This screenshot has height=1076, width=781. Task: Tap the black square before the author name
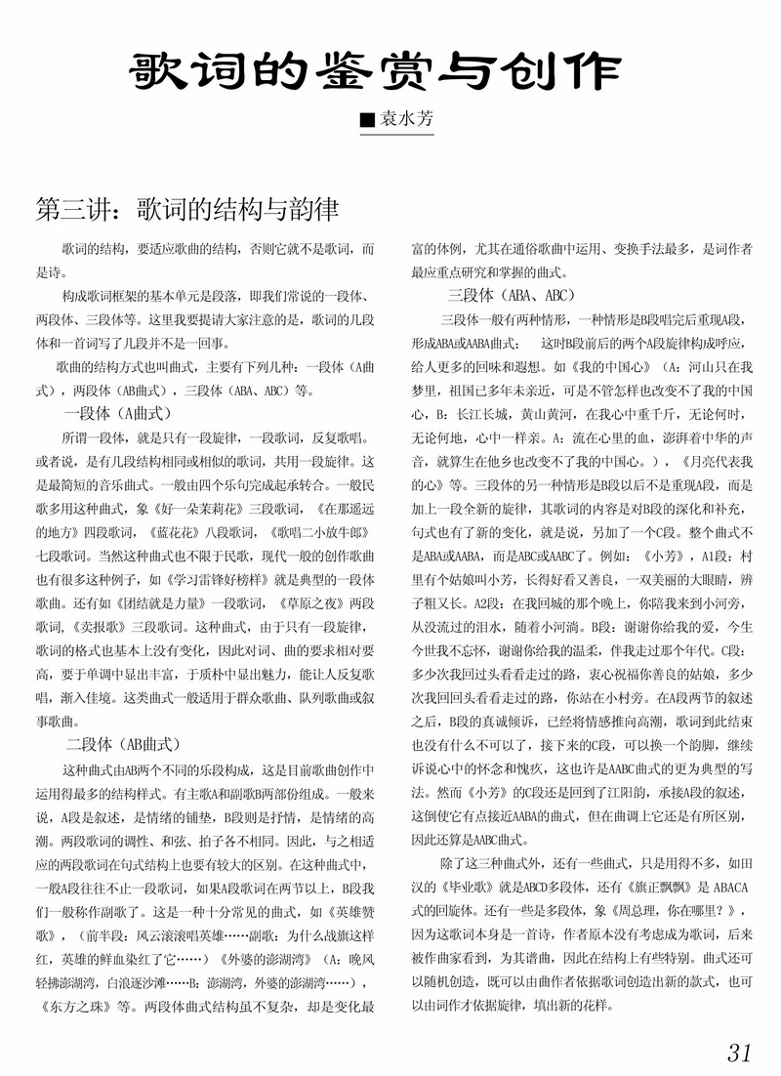[367, 121]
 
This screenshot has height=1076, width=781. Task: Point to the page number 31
[739, 1052]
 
